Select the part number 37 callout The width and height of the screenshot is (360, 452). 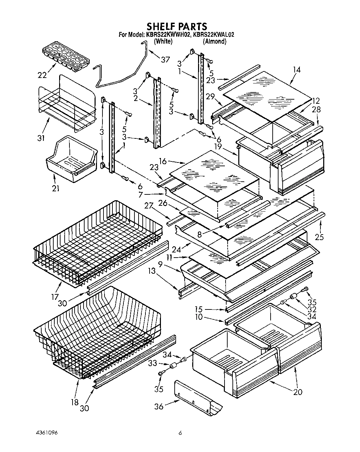(165, 60)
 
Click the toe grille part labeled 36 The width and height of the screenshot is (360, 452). (198, 397)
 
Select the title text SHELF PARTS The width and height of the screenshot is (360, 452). (177, 26)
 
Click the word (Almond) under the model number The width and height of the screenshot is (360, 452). (214, 42)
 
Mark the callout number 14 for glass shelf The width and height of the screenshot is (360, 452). (297, 70)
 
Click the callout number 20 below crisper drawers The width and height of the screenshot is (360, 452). (298, 392)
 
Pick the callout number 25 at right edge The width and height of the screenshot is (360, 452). (320, 237)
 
